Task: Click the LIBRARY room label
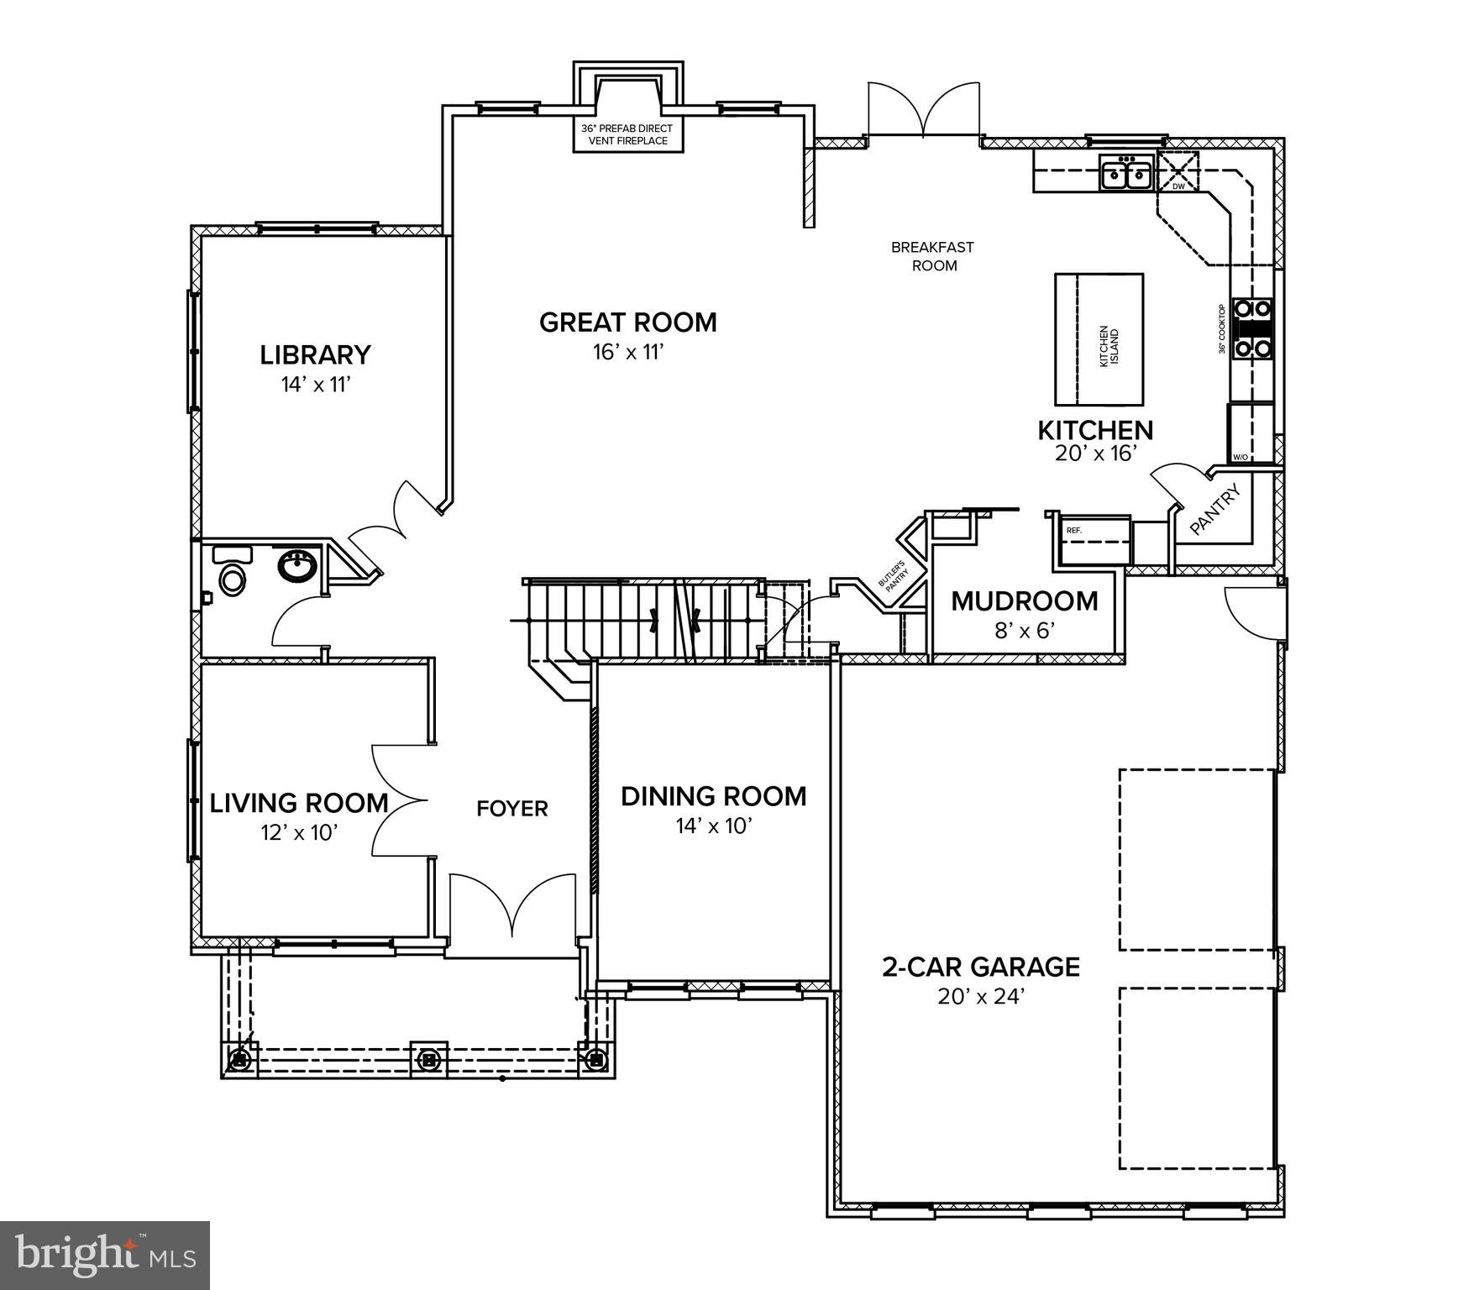click(315, 355)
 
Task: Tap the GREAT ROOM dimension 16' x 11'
click(628, 352)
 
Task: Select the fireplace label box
click(628, 135)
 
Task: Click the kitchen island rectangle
click(1099, 338)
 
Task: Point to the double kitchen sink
click(1126, 174)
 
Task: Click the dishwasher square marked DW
click(1178, 172)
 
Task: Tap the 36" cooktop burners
click(1252, 328)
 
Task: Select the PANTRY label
click(1215, 511)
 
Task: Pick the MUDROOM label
click(1024, 601)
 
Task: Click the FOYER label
click(511, 809)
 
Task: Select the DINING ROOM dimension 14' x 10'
click(713, 826)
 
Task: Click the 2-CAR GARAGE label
click(981, 967)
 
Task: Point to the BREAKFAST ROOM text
click(932, 256)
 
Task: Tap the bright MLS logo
click(105, 1256)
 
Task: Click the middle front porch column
click(429, 1058)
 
